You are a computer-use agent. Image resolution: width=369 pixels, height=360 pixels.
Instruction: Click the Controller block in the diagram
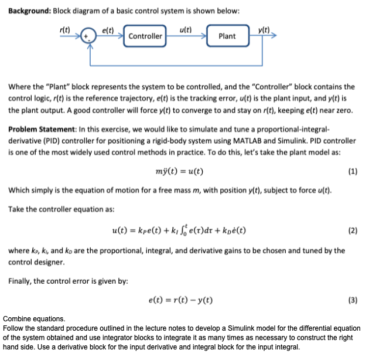(x=145, y=36)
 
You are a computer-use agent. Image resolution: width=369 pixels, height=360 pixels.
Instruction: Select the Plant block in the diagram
(x=227, y=36)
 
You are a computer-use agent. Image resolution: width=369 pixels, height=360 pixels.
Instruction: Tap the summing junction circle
(x=88, y=36)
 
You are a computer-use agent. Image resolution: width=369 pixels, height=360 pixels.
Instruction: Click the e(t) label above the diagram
(x=108, y=29)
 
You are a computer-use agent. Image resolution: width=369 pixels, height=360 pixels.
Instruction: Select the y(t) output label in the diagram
(x=264, y=29)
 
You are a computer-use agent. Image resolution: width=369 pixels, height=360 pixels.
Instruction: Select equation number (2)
(x=352, y=230)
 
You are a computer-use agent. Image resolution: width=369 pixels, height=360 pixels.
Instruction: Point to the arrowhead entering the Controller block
(x=122, y=36)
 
